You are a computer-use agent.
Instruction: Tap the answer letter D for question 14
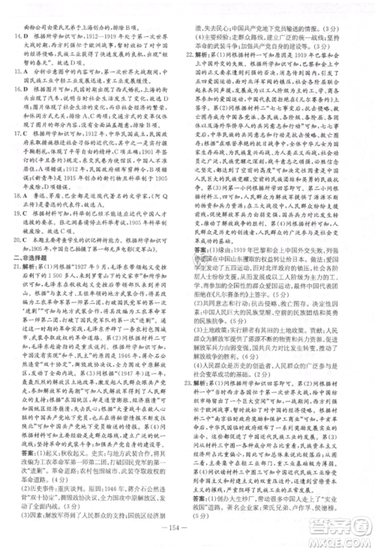click(27, 36)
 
